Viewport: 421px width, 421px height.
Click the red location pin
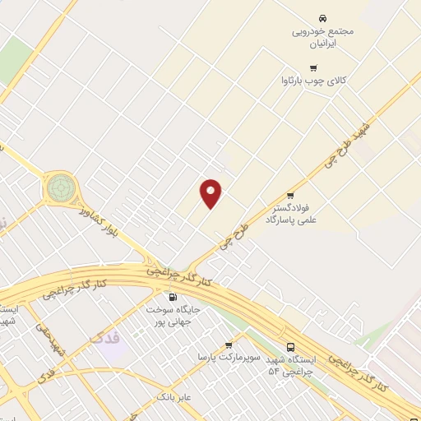[211, 193]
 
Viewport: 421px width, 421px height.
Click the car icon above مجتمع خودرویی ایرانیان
[322, 17]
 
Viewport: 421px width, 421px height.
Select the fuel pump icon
[172, 297]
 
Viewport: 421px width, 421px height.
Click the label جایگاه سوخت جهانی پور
[173, 316]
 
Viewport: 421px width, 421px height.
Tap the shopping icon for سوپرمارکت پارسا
[229, 345]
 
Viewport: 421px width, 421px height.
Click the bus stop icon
[290, 347]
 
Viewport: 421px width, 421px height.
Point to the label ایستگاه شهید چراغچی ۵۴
[290, 367]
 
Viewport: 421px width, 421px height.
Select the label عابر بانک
[174, 397]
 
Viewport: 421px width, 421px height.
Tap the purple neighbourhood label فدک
[105, 338]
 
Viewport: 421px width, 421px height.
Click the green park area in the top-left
[14, 60]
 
